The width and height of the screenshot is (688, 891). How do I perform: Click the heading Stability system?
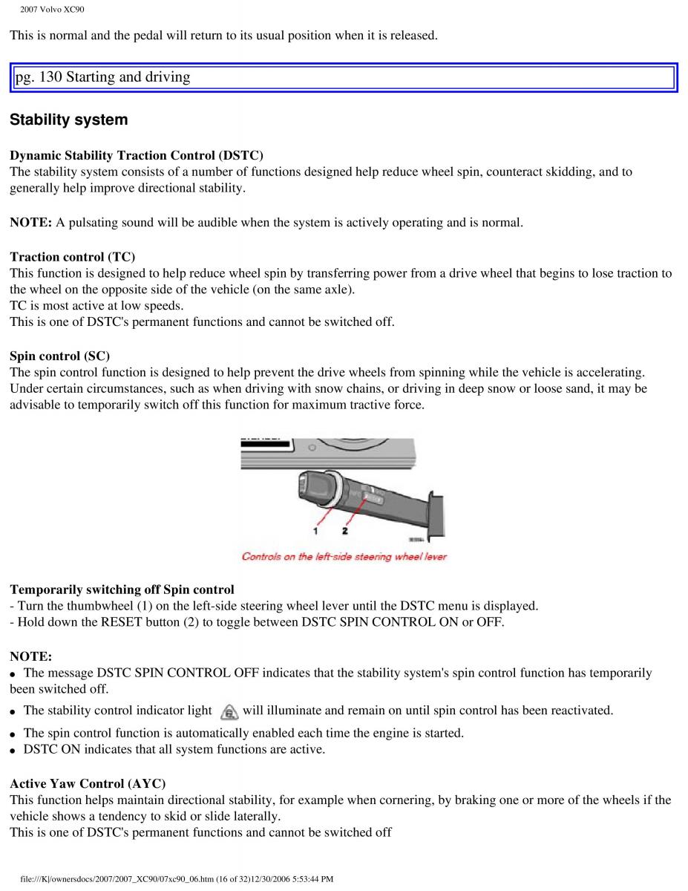click(x=68, y=120)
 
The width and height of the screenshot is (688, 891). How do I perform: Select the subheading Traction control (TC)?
click(x=73, y=257)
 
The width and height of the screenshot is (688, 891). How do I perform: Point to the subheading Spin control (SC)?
click(x=59, y=356)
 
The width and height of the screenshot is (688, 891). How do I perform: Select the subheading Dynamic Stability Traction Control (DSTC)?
click(x=137, y=156)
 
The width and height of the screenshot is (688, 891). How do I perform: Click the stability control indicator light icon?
click(x=229, y=711)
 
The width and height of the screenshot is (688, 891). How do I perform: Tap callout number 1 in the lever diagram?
click(x=314, y=532)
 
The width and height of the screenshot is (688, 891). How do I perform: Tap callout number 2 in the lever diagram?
click(x=343, y=532)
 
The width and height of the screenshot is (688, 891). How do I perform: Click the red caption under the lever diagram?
click(x=344, y=556)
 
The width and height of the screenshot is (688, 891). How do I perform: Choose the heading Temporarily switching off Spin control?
click(x=122, y=590)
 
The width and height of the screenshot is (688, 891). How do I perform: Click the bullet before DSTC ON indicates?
click(x=13, y=751)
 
